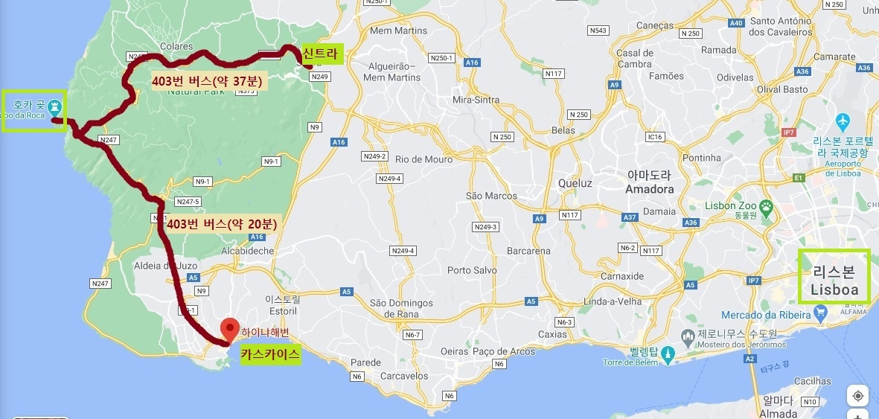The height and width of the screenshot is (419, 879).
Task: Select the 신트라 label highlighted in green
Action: point(321,54)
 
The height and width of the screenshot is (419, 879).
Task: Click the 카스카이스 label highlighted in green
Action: point(270,355)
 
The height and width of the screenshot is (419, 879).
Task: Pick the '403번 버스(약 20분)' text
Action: point(223,223)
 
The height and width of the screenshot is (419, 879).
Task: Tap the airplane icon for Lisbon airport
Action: point(843,120)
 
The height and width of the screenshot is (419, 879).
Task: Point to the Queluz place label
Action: point(575,183)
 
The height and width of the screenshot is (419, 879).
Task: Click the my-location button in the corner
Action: point(857,396)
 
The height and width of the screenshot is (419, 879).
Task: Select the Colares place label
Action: point(176,45)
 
